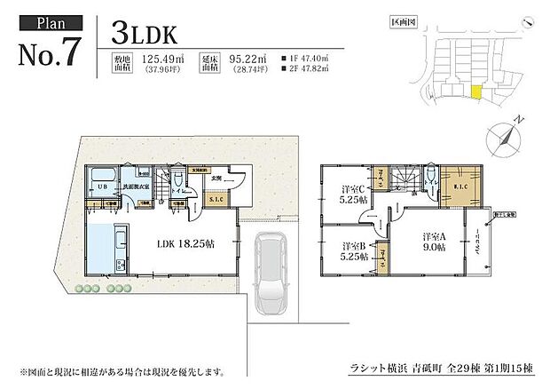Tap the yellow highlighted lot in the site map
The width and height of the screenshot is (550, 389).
pyautogui.click(x=476, y=92)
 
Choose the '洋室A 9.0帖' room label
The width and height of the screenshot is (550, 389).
pyautogui.click(x=433, y=241)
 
